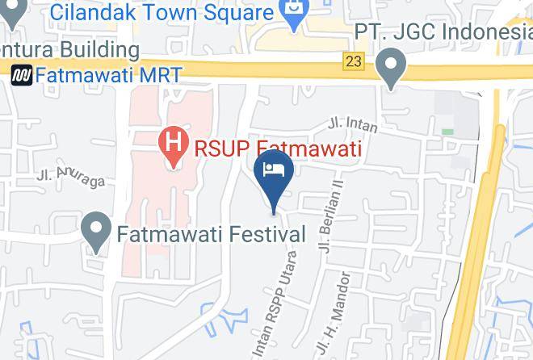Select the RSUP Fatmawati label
275,149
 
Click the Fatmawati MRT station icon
22,75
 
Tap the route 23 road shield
353,61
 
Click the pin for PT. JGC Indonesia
392,68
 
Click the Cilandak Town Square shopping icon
292,15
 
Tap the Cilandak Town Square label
161,13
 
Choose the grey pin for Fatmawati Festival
99,232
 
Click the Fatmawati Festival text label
212,236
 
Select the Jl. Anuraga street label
71,178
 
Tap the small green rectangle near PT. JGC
447,131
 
